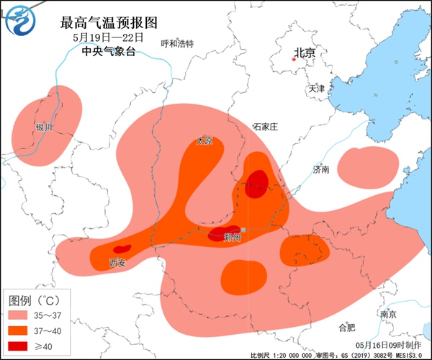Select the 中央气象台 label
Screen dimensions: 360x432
pos(108,51)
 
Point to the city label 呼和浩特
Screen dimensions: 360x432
pos(177,43)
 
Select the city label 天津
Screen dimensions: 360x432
pos(317,89)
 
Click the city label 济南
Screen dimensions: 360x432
pos(321,170)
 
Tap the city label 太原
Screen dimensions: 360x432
pos(205,141)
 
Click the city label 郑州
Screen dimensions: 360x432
pos(232,236)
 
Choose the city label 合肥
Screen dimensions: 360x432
pos(346,327)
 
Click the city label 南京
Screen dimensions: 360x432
pos(388,314)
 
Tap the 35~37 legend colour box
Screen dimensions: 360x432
pos(24,315)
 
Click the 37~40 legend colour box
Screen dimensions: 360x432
pos(24,330)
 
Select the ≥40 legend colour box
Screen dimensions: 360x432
pos(24,346)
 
